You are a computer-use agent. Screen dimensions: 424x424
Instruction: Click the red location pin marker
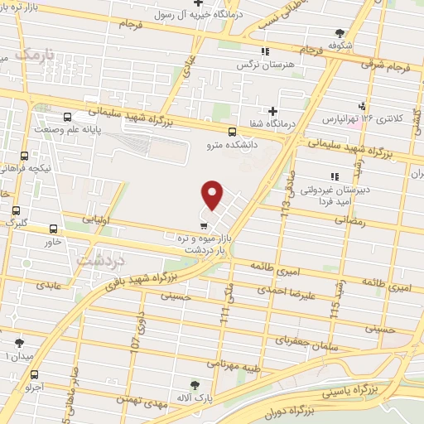(x=213, y=195)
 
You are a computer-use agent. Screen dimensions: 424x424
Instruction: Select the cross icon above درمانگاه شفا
(x=272, y=111)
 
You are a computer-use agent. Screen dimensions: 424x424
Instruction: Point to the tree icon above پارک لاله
(x=195, y=385)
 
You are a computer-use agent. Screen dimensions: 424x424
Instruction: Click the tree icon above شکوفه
(x=339, y=33)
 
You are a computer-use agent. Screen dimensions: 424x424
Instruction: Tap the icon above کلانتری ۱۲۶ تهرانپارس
(x=360, y=105)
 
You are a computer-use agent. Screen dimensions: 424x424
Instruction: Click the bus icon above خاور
(x=54, y=229)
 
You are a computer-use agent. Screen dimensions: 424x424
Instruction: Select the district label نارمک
(x=37, y=56)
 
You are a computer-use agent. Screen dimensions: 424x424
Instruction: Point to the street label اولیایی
(x=98, y=222)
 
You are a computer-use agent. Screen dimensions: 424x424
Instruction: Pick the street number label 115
(x=335, y=311)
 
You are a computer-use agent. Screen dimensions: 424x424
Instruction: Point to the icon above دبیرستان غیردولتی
(x=334, y=176)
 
